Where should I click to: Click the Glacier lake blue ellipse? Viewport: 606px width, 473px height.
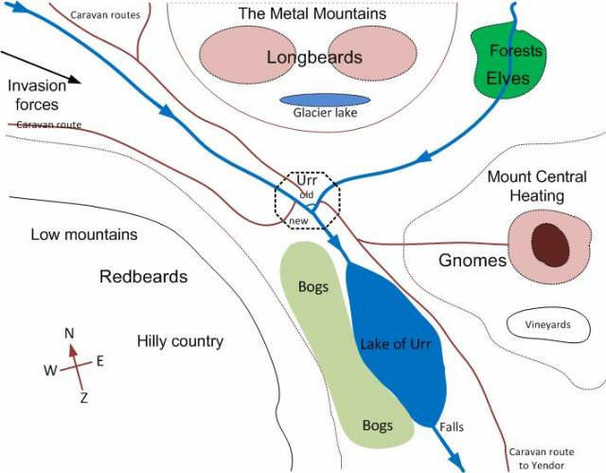click(325, 100)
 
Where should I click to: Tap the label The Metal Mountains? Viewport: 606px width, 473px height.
click(312, 14)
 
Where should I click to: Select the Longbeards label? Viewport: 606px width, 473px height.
click(314, 57)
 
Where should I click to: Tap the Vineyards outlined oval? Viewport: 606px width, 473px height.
click(548, 325)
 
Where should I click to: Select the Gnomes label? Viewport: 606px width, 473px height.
click(472, 261)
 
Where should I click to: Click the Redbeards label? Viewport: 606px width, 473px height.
click(144, 277)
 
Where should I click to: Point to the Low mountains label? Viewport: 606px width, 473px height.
click(83, 234)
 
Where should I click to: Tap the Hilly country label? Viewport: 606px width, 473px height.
click(180, 341)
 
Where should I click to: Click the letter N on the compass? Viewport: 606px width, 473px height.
click(69, 333)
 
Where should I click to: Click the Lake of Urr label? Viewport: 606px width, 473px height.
click(396, 345)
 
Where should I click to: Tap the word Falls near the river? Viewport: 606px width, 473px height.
click(452, 428)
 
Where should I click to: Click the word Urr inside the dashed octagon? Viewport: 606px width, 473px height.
click(306, 180)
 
